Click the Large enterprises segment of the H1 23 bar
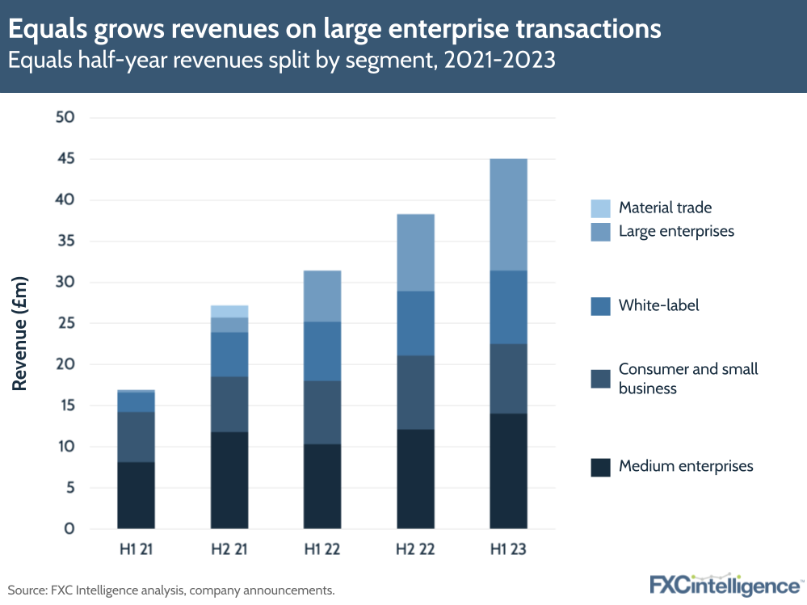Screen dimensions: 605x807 (x=508, y=214)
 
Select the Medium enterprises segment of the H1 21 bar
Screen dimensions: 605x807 (x=136, y=495)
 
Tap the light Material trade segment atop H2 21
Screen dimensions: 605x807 (x=229, y=311)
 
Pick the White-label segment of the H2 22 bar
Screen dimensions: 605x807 (x=415, y=323)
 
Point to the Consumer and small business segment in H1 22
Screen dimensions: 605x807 (x=322, y=412)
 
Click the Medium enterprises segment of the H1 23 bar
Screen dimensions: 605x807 (x=508, y=471)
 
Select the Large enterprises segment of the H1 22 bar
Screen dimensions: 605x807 (x=322, y=296)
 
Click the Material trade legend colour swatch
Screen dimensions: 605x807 (x=600, y=208)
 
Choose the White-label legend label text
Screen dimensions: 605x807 (x=658, y=305)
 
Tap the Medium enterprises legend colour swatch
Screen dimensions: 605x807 (x=600, y=467)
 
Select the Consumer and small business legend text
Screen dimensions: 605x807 (x=687, y=378)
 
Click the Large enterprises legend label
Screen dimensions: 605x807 (x=676, y=231)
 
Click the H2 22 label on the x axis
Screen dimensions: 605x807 (x=415, y=550)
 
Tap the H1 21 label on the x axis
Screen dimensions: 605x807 (x=136, y=550)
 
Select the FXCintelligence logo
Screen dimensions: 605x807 (x=725, y=586)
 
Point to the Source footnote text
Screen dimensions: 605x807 (x=171, y=590)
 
